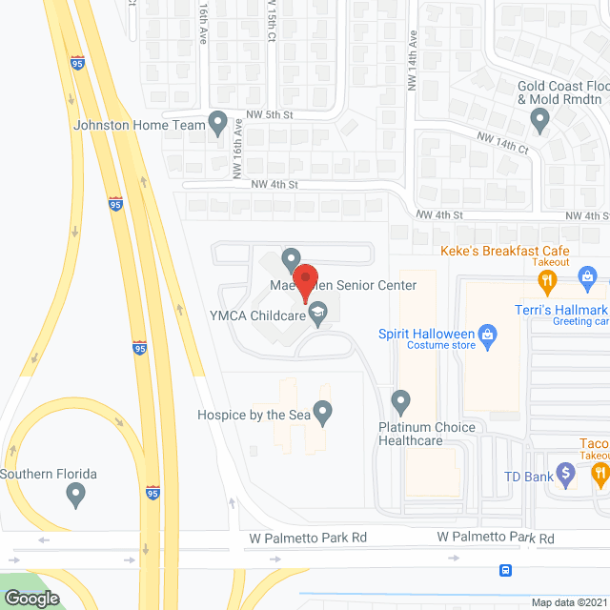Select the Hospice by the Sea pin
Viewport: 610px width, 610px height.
coord(323,413)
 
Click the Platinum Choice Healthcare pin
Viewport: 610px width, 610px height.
coord(401,399)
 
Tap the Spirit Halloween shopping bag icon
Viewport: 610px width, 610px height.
coord(489,335)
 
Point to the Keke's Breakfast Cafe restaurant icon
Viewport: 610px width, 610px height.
coord(547,280)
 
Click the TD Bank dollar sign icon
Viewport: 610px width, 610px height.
coord(565,470)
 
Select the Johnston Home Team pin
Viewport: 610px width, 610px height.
coord(218,123)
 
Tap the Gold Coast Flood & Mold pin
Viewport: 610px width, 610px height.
coord(539,120)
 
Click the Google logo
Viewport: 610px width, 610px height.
coord(31,599)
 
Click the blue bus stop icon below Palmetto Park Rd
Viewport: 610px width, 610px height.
coord(505,570)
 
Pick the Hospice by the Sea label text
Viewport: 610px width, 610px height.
coord(254,415)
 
